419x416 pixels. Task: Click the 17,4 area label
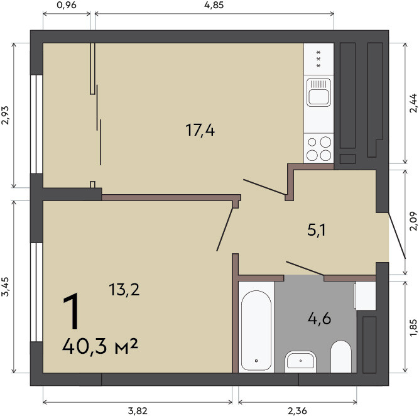tap(200, 131)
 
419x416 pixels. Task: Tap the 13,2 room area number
tap(124, 290)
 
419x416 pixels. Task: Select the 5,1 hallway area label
tap(317, 230)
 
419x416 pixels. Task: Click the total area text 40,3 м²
tap(100, 346)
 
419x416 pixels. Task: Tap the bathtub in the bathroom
tap(256, 331)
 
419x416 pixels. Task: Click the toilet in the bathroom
tap(340, 356)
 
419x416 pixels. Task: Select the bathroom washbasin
tap(301, 361)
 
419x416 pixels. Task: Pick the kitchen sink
tap(318, 92)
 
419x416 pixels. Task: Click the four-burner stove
tap(318, 148)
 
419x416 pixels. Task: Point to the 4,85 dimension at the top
tap(214, 5)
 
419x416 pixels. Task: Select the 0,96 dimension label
tap(67, 5)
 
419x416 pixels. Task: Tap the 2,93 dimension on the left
tap(5, 115)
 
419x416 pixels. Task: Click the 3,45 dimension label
tap(5, 287)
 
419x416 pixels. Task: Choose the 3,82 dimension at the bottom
tap(138, 411)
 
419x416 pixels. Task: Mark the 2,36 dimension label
tap(297, 411)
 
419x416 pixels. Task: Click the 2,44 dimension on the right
tap(413, 103)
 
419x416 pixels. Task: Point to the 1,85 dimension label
tap(413, 328)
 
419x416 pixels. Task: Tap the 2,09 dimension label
tap(413, 221)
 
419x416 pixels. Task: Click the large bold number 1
tap(72, 311)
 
